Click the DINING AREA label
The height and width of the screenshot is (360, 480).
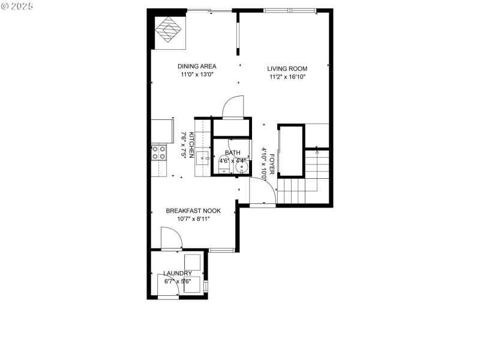coord(197,66)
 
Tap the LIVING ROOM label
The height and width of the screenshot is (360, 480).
coord(287,68)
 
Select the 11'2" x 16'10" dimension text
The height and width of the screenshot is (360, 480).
coord(287,77)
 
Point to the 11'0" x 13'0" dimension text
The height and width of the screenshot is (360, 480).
coord(197,74)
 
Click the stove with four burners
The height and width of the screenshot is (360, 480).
coord(159,152)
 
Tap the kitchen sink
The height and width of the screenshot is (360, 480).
coord(202,158)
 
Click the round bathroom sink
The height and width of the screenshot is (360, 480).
coord(241,167)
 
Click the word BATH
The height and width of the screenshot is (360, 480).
coord(233,153)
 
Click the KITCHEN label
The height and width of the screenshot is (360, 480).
coord(191,145)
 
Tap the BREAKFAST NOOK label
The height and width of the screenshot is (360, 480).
coord(193,211)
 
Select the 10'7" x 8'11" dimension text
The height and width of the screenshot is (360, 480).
coord(193,219)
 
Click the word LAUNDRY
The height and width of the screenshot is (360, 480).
coord(178,274)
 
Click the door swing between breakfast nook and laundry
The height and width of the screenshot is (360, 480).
coord(170,239)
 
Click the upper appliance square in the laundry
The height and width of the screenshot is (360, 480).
coord(193,263)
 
